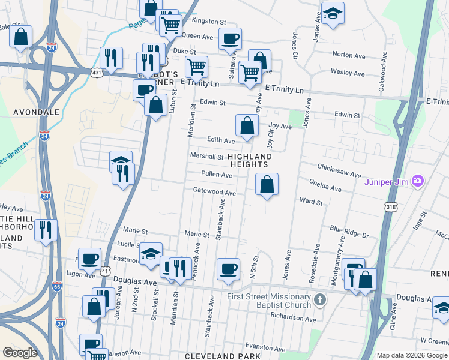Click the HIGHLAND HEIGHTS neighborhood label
click(x=250, y=161)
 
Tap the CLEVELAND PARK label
click(x=223, y=356)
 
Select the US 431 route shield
click(x=97, y=72)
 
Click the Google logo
click(x=20, y=353)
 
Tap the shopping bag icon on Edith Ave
click(x=247, y=125)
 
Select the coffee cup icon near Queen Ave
click(x=230, y=39)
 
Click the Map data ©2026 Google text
click(x=411, y=355)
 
